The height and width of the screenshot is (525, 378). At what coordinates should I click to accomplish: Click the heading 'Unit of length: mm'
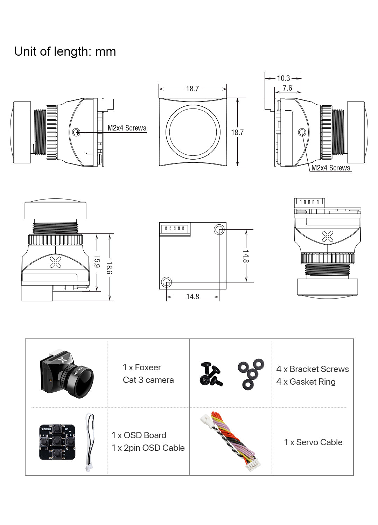coord(65,51)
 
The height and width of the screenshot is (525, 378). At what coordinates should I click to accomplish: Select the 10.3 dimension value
coord(283,78)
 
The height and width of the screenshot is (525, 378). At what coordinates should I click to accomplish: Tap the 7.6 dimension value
coord(287,88)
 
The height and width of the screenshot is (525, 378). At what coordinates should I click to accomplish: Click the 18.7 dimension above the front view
coord(192,89)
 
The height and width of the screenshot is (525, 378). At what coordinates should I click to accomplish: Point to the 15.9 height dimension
coord(97,262)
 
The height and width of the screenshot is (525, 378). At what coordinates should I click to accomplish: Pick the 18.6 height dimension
coord(109,268)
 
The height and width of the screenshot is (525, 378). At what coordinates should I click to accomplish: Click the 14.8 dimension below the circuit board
coord(192,297)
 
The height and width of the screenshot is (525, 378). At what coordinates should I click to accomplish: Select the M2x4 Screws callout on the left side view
coord(127,128)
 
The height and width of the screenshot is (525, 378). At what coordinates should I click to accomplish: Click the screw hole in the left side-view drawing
coord(76,132)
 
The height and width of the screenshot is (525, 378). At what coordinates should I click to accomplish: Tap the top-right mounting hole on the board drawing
coord(219,230)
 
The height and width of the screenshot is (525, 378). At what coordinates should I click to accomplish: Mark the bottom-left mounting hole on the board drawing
coord(166,282)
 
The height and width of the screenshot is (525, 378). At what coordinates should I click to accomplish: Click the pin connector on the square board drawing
coord(175,229)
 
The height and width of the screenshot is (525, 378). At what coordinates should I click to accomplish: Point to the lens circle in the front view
coord(193,132)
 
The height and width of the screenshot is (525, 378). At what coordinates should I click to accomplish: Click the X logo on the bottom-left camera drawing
coord(55,262)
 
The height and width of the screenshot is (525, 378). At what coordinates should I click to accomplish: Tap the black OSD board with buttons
coord(57,442)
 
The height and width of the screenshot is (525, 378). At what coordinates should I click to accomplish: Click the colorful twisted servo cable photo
coord(231,442)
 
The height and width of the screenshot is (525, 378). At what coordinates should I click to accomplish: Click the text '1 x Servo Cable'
coord(313,442)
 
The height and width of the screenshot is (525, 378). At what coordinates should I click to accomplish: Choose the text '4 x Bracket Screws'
coord(312,369)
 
